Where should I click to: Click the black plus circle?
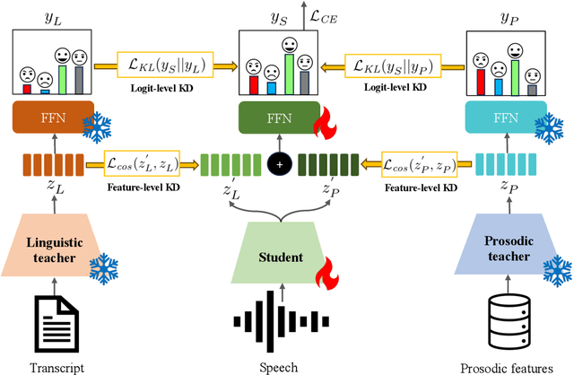tap(281, 163)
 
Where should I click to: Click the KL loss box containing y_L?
tap(173, 65)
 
